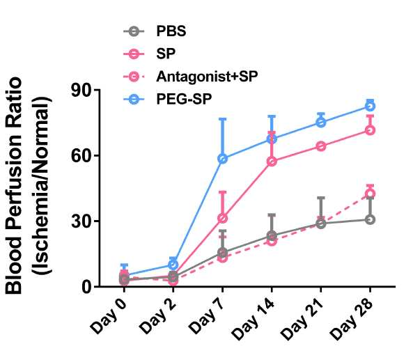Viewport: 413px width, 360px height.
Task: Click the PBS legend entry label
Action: click(x=171, y=31)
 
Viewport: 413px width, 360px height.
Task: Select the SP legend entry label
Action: click(x=166, y=54)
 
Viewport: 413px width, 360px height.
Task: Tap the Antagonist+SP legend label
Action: click(x=207, y=77)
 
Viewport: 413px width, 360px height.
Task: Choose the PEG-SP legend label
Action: click(x=184, y=99)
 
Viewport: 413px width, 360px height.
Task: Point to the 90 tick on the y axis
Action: click(x=83, y=90)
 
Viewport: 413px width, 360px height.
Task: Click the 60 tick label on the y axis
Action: click(x=83, y=155)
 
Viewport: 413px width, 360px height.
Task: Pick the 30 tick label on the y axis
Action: click(x=83, y=221)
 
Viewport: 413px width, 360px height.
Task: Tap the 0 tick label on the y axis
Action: click(x=88, y=286)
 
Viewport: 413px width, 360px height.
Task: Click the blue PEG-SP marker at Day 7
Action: click(x=223, y=159)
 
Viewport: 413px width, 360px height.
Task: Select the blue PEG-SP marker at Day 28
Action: click(x=370, y=106)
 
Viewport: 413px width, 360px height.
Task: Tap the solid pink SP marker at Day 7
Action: click(x=223, y=219)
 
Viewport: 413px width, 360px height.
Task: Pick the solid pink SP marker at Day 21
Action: click(x=321, y=146)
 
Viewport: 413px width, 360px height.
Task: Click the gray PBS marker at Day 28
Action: click(x=370, y=219)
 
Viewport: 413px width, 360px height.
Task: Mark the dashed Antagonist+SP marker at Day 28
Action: click(x=370, y=194)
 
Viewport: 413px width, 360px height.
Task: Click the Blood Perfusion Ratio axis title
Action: click(x=14, y=186)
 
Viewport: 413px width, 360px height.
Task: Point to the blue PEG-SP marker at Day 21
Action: click(x=321, y=122)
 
